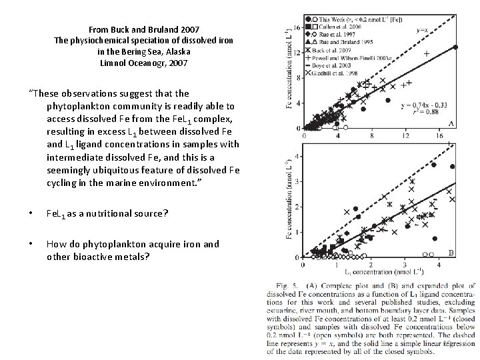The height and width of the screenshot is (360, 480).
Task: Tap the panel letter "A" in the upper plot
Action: click(452, 123)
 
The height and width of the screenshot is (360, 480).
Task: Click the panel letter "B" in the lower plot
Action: click(451, 253)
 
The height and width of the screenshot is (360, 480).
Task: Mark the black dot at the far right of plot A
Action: click(456, 47)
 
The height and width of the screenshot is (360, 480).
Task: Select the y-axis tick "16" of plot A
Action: click(297, 27)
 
